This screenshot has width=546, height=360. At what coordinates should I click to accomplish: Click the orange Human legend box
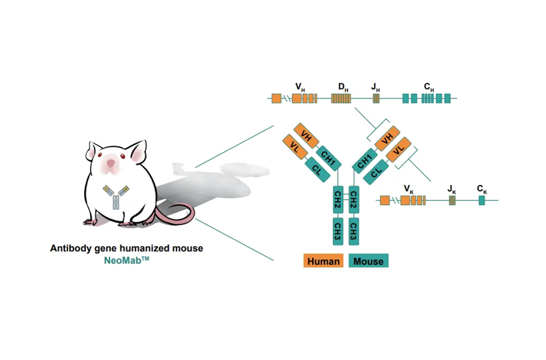pos(324,261)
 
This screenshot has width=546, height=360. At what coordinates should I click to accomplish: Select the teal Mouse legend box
pos(369,261)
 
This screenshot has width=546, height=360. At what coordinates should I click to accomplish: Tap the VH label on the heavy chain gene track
pos(300,86)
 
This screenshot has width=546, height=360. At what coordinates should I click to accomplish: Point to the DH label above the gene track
pos(341,86)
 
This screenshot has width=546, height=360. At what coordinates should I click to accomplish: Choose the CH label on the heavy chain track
pos(428,86)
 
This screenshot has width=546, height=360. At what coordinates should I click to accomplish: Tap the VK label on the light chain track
pos(408,189)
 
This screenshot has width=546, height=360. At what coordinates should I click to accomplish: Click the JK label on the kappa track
pos(452,189)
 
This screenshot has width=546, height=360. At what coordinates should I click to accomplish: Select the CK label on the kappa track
pos(481,189)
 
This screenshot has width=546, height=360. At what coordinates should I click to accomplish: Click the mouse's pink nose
pos(111,163)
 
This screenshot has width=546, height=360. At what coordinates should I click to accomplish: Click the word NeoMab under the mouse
pos(126,260)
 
